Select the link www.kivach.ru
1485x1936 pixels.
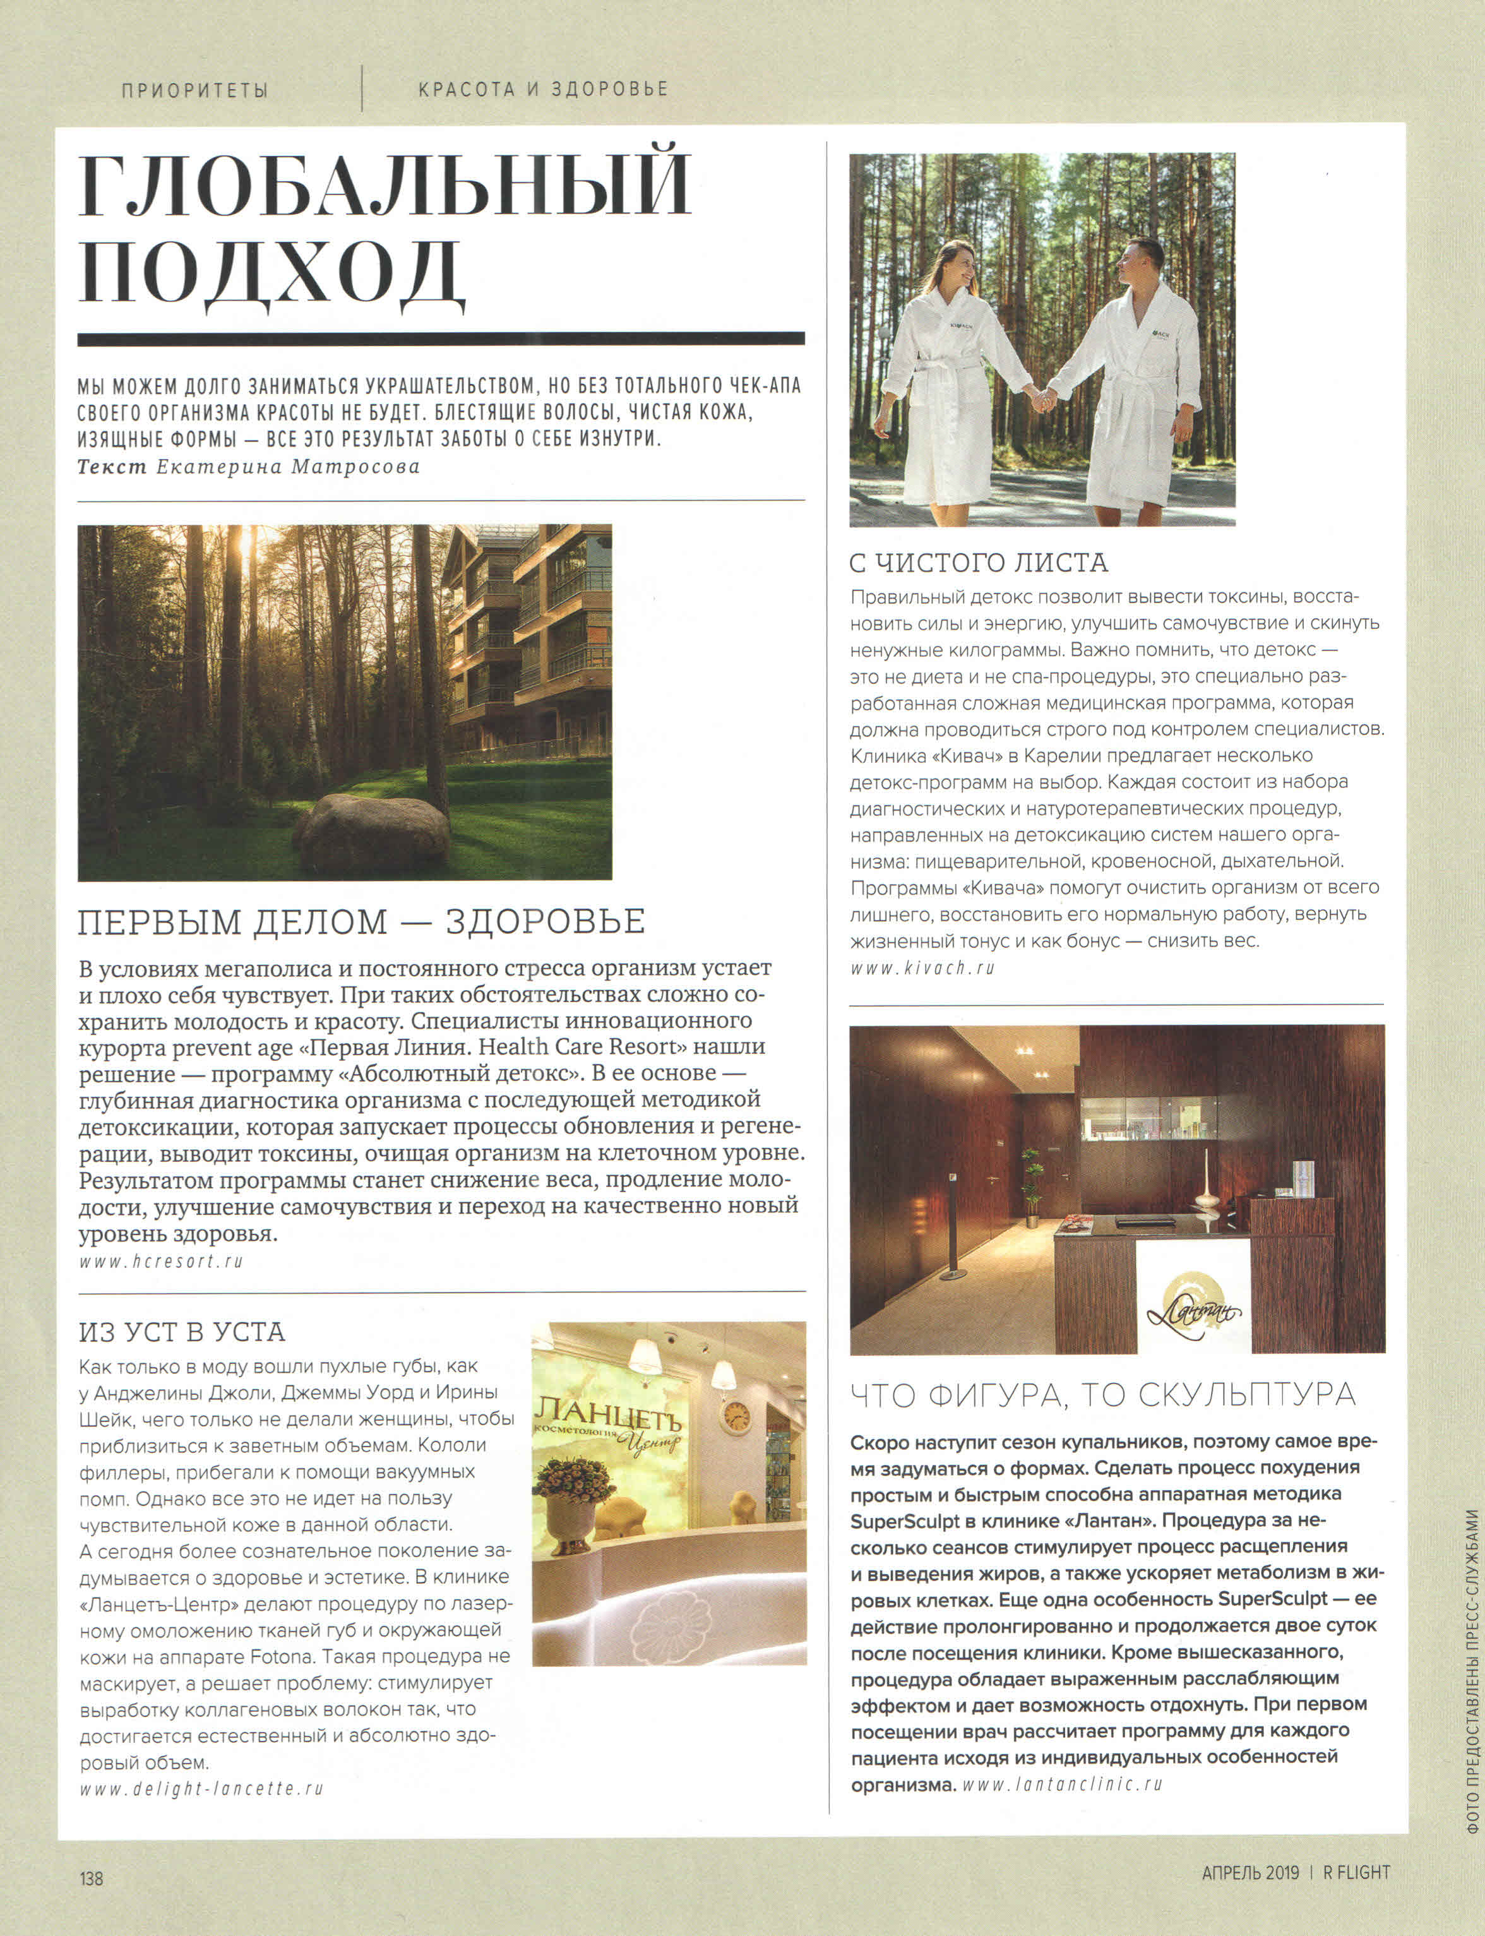pos(923,968)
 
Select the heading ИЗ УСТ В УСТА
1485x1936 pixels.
pos(181,1331)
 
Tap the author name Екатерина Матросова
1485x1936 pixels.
pos(287,467)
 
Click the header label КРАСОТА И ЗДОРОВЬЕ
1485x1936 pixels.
pos(543,89)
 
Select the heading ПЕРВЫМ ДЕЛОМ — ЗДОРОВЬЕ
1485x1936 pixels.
pos(362,921)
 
